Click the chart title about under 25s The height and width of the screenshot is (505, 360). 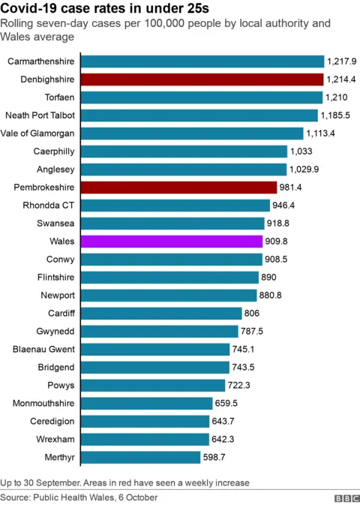105,8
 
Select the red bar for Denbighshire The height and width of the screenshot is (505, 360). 202,80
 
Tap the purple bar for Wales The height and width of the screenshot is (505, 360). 171,242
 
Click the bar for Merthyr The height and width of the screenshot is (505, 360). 139,457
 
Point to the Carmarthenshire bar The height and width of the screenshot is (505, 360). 202,62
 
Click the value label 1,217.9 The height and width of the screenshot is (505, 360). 341,62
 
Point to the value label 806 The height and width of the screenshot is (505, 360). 253,314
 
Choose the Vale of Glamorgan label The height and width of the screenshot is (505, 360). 38,134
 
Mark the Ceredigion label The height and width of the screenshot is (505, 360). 52,421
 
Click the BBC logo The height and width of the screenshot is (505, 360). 346,497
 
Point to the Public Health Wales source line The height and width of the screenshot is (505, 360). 79,497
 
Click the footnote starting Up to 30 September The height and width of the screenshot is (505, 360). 124,482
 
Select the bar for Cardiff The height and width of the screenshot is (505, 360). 160,314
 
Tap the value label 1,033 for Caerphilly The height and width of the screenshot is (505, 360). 301,152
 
